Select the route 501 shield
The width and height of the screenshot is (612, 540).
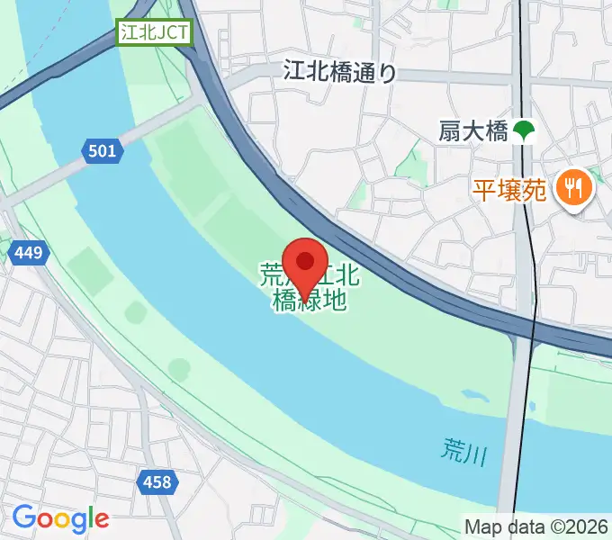click(103, 150)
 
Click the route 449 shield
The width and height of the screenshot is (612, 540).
click(28, 254)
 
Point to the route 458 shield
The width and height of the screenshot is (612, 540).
click(156, 482)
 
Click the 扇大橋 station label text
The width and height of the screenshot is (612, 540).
click(473, 131)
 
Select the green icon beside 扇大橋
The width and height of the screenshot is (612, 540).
click(523, 131)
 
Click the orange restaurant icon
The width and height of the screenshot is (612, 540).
click(573, 188)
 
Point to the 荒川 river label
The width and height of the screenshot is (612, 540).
click(463, 450)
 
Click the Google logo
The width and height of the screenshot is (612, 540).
click(60, 518)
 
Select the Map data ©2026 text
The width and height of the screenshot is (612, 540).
click(536, 526)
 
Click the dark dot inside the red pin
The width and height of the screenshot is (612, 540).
click(305, 261)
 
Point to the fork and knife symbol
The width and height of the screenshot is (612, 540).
click(573, 188)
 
